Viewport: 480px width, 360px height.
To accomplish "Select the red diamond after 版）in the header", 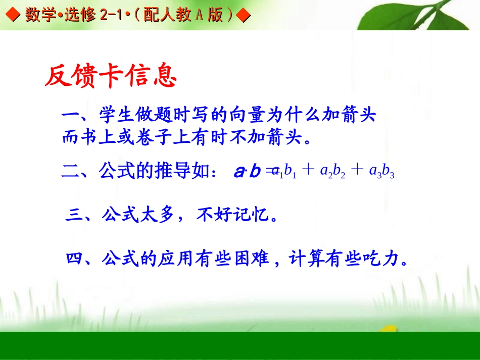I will tap(244, 15).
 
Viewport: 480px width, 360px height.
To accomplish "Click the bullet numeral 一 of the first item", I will tap(70, 116).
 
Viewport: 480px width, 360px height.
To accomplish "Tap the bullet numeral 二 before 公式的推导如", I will tap(70, 171).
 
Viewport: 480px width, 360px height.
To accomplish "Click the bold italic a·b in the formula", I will tap(247, 172).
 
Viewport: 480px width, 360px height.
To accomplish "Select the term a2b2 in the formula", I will tap(333, 172).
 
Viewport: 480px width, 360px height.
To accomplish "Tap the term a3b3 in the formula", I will tap(381, 172).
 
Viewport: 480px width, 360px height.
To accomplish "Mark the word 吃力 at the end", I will tap(380, 260).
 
